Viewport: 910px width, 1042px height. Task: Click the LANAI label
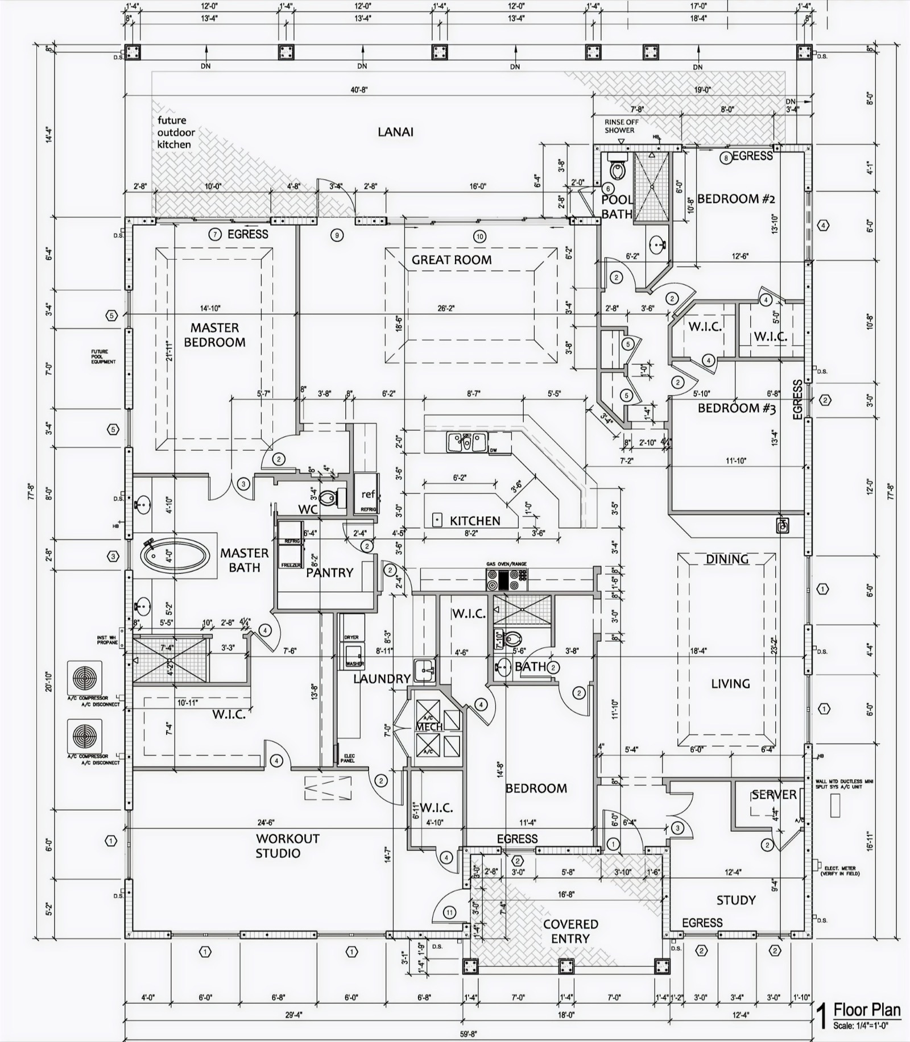[395, 132]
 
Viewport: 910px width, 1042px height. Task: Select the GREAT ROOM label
[452, 260]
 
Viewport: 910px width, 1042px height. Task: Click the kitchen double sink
[466, 442]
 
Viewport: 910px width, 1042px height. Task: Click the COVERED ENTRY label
[570, 932]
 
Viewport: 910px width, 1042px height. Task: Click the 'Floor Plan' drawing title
[867, 1010]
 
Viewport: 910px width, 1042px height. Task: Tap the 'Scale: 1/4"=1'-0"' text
[867, 1026]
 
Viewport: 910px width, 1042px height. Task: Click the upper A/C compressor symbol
[85, 678]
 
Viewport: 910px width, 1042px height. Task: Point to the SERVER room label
[773, 795]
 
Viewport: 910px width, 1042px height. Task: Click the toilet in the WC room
[330, 499]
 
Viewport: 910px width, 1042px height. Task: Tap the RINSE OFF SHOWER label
[621, 126]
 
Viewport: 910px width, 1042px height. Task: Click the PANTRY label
[329, 572]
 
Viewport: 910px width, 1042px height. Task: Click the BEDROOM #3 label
[736, 408]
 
